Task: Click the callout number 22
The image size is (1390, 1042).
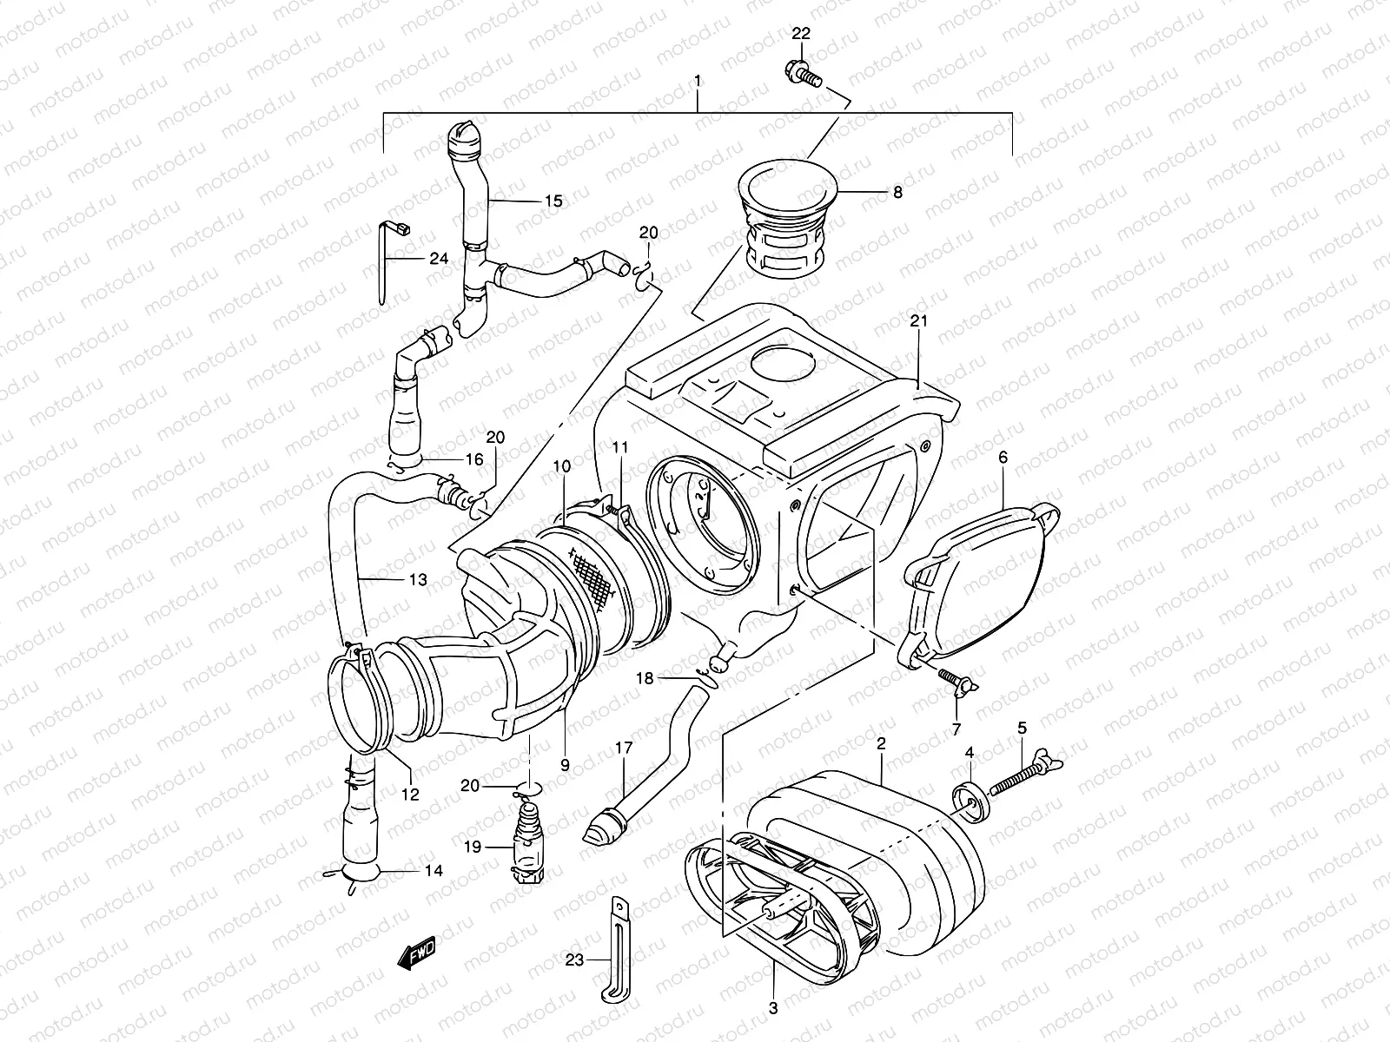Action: pos(801,33)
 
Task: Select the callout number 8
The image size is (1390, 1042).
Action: pos(897,192)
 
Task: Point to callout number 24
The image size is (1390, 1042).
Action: pos(438,259)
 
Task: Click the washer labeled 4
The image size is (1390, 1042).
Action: pos(970,801)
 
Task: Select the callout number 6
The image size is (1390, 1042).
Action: pos(1003,457)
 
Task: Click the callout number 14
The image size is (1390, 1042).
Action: pos(432,870)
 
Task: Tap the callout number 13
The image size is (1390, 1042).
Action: pos(418,579)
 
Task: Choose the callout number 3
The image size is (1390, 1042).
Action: pos(773,1008)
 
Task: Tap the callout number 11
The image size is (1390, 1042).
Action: pos(619,447)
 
